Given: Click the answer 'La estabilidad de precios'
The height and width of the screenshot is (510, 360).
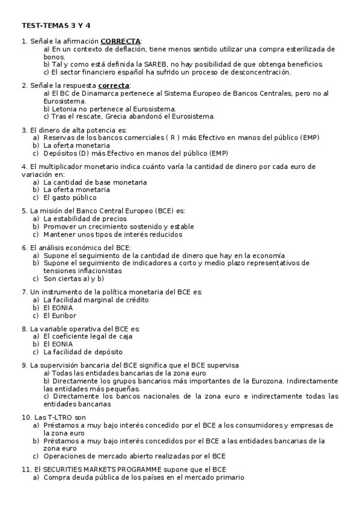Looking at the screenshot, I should [x=85, y=219].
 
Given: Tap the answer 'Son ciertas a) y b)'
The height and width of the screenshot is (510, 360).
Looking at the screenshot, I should [x=74, y=278].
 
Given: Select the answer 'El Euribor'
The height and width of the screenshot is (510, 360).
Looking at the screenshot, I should [x=60, y=315].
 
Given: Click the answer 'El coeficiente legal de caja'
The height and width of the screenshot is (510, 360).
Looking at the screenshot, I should [x=88, y=336].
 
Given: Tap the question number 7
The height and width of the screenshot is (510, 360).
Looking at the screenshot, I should [x=23, y=292].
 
